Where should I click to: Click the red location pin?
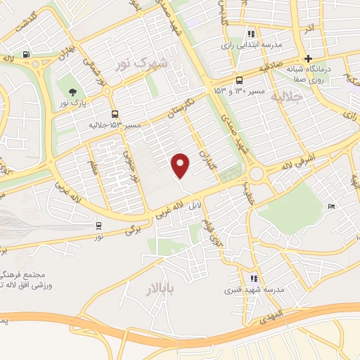[x=181, y=165]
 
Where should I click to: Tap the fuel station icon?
[x=26, y=54]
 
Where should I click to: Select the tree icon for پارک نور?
[x=72, y=92]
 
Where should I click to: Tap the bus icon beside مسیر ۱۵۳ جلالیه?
[x=115, y=113]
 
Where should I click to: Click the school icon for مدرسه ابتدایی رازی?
[x=250, y=33]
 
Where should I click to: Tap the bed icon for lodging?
[x=332, y=205]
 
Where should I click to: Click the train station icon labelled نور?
[x=98, y=226]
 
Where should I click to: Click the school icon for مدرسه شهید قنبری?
[x=254, y=278]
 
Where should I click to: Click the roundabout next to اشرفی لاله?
[x=256, y=173]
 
